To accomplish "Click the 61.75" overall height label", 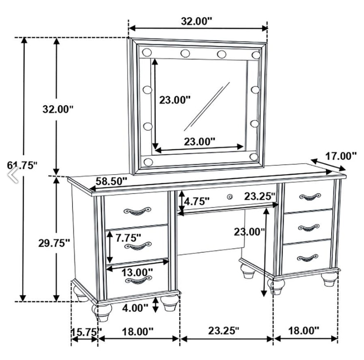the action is (x=22, y=165).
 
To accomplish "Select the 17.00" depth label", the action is (x=341, y=156).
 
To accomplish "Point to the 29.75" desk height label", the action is (x=54, y=243).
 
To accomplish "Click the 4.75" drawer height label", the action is (x=196, y=201).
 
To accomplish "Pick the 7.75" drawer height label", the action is (x=129, y=238).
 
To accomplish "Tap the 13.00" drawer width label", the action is (x=137, y=272).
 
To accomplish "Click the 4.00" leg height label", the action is (x=135, y=308).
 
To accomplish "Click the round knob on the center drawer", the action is (x=230, y=197).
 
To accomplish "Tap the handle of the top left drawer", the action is (x=137, y=211).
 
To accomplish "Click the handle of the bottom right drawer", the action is (x=307, y=258).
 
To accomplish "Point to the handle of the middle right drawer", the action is (x=309, y=228).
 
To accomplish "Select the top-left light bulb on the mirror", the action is (x=147, y=52).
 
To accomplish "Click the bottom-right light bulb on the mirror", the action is (x=254, y=157).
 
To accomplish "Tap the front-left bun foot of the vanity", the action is (x=102, y=313).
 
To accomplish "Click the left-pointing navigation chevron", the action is (x=13, y=174).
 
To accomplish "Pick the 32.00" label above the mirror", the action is (x=196, y=21).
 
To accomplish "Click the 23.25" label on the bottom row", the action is (x=223, y=331).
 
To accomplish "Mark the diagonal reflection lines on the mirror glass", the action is (x=207, y=106).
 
